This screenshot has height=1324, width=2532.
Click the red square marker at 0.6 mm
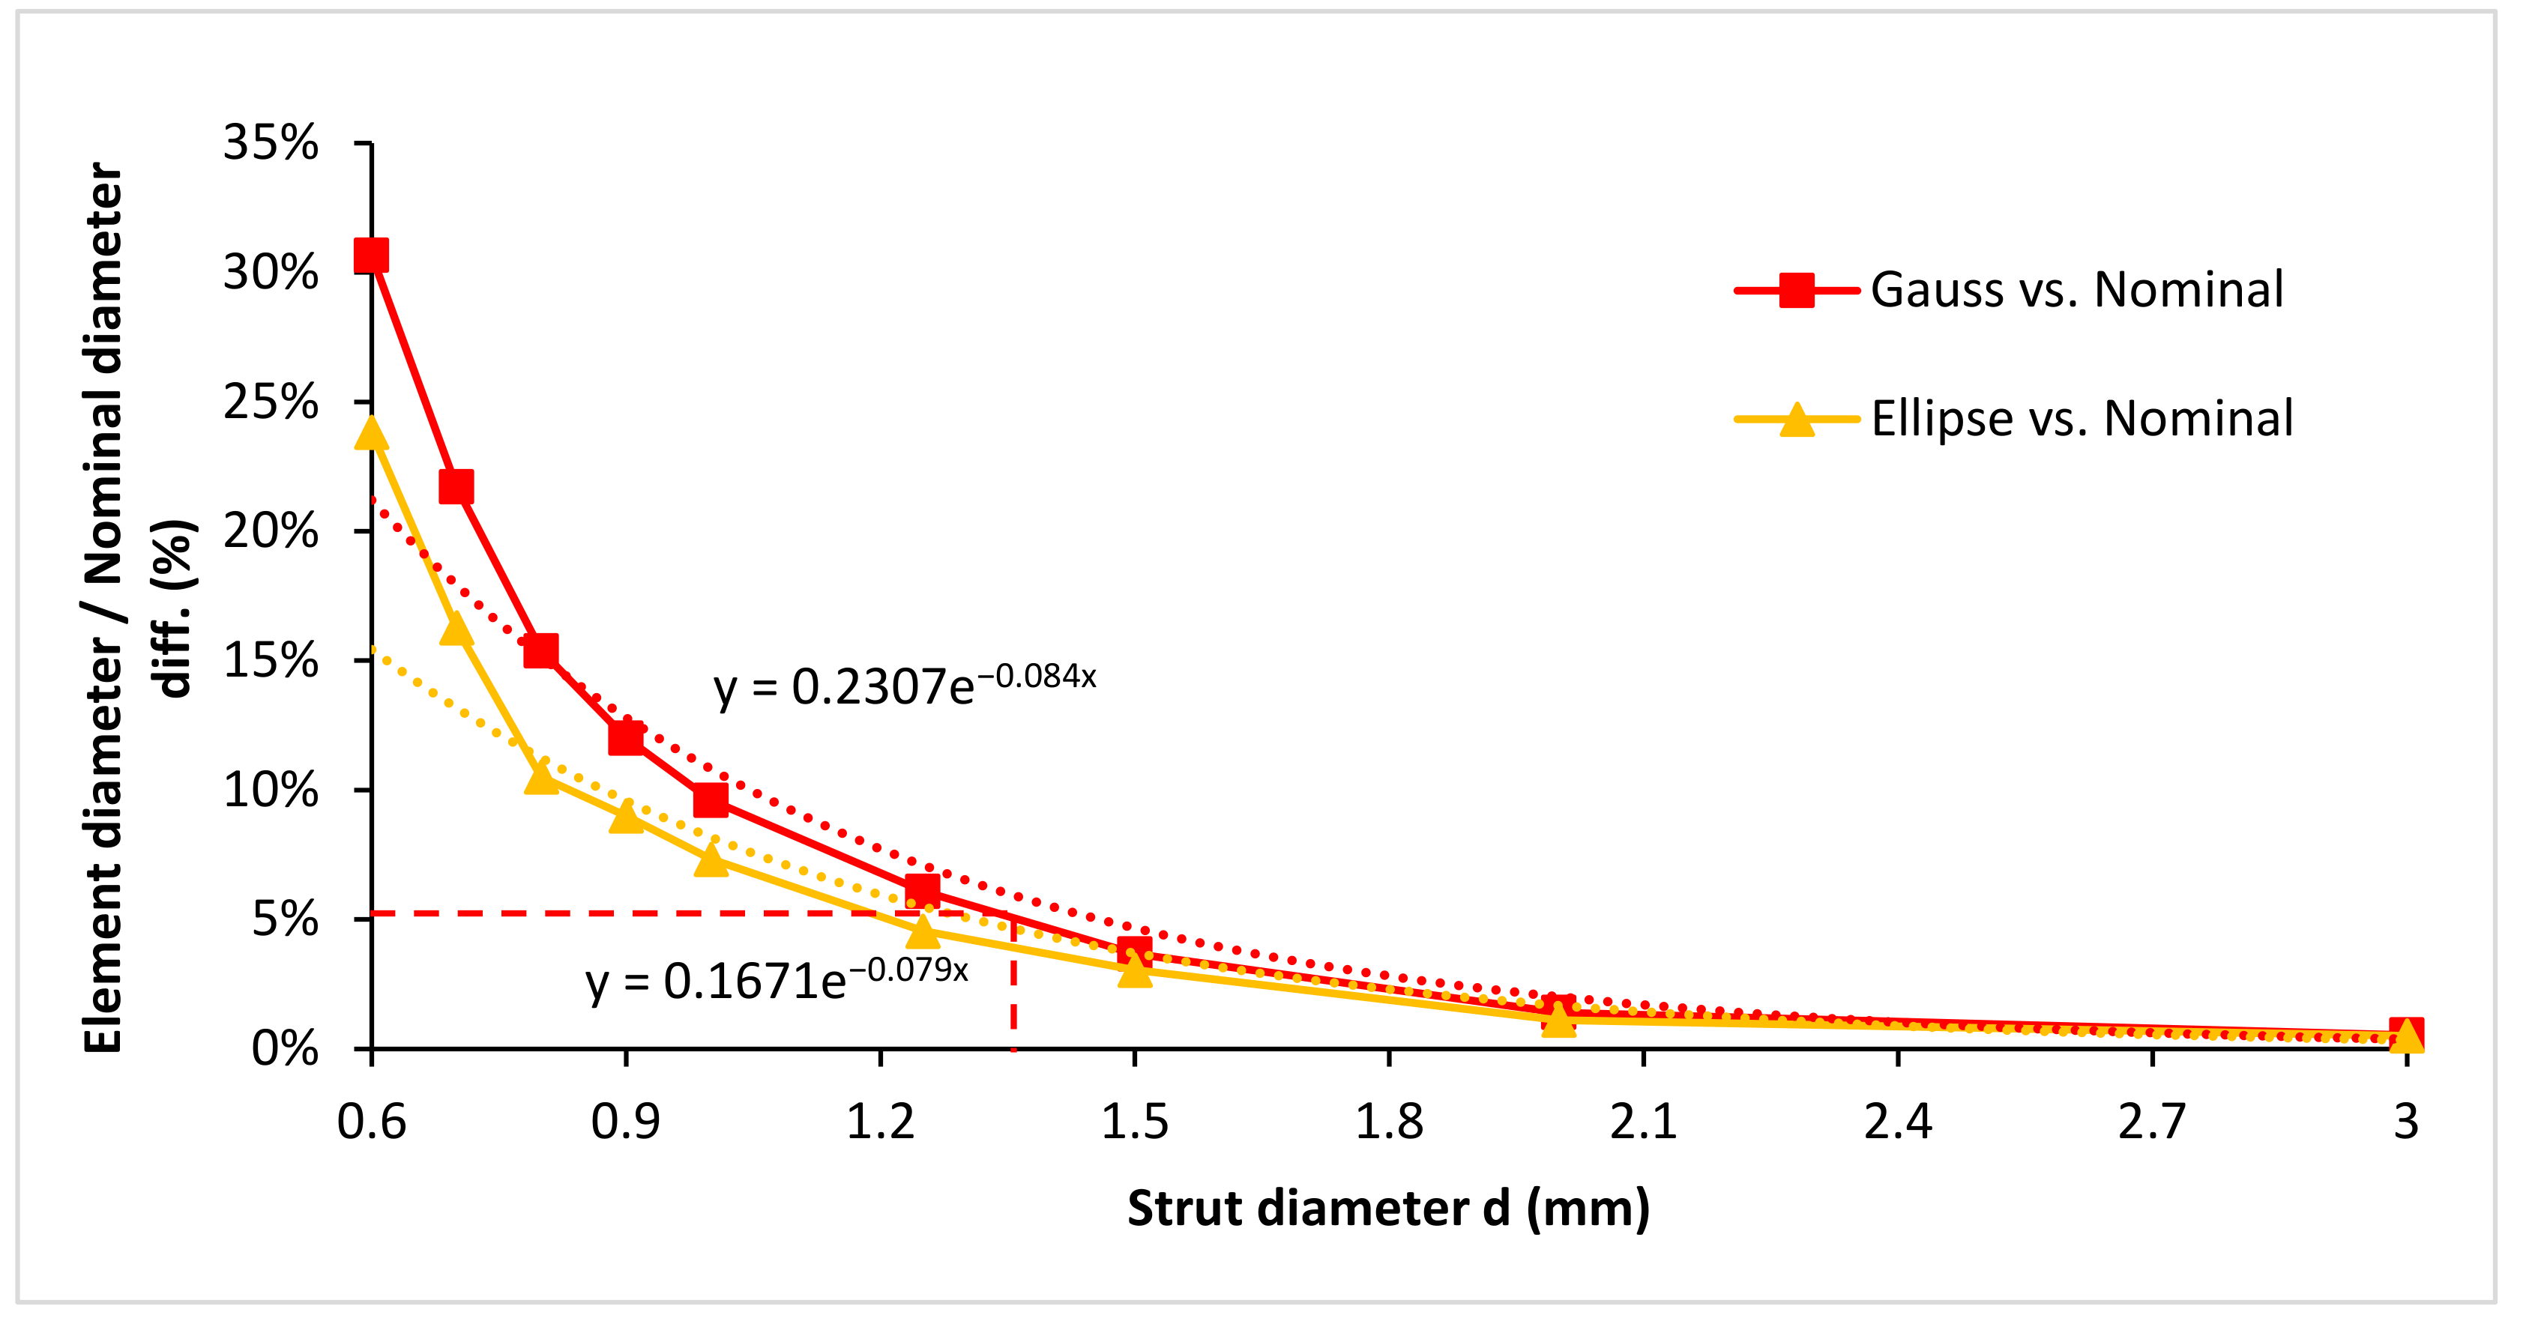[372, 256]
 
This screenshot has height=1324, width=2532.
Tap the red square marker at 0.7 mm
[456, 486]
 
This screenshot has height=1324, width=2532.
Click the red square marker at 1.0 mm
[711, 800]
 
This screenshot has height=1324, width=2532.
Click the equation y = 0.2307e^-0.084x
[904, 685]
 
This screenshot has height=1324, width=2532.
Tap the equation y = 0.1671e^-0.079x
[777, 980]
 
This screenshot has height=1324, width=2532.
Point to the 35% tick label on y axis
[271, 144]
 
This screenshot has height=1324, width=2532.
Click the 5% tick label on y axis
[285, 920]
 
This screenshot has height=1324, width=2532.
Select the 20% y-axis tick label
[271, 532]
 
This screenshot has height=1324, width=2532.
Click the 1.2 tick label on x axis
[881, 1122]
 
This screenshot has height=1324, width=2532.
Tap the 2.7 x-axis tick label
[2153, 1122]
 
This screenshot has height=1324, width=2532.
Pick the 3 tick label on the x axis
[2406, 1122]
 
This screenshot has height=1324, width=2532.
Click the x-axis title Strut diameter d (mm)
[1388, 1208]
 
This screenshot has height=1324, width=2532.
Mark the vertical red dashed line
[1013, 983]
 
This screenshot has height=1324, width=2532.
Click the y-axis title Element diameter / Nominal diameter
[103, 609]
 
